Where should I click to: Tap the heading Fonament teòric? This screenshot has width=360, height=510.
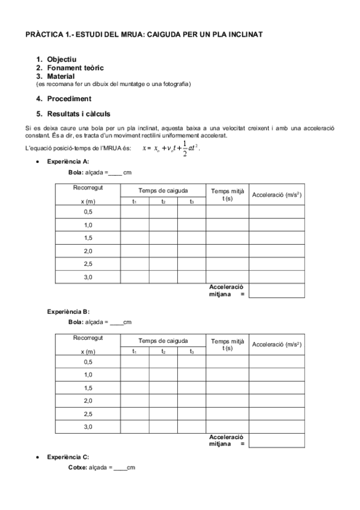74,68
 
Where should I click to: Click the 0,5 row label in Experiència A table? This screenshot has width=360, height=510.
88,212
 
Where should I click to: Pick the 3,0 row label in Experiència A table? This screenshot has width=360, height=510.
88,277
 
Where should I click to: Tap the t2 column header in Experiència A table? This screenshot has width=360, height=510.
163,201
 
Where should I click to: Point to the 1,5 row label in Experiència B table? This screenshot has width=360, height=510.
88,388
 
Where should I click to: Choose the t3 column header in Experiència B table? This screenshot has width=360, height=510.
191,351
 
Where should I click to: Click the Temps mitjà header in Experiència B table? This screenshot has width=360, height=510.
227,345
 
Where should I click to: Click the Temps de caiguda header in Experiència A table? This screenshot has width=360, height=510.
163,190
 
